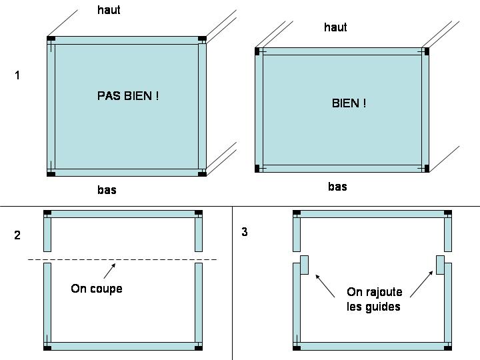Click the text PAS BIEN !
click(128, 96)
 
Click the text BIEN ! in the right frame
click(349, 103)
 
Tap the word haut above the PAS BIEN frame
click(109, 10)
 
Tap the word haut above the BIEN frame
click(335, 27)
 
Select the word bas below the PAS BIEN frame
click(107, 190)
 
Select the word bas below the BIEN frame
click(337, 187)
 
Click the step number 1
click(17, 75)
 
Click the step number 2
click(17, 235)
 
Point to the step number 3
click(245, 232)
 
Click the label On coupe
click(97, 289)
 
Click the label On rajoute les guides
click(373, 299)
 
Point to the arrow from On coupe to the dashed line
click(109, 271)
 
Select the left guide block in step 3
click(304, 265)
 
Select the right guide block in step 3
click(440, 265)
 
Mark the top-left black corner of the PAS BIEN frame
click(51, 39)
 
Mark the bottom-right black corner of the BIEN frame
click(427, 168)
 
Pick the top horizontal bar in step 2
click(123, 213)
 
